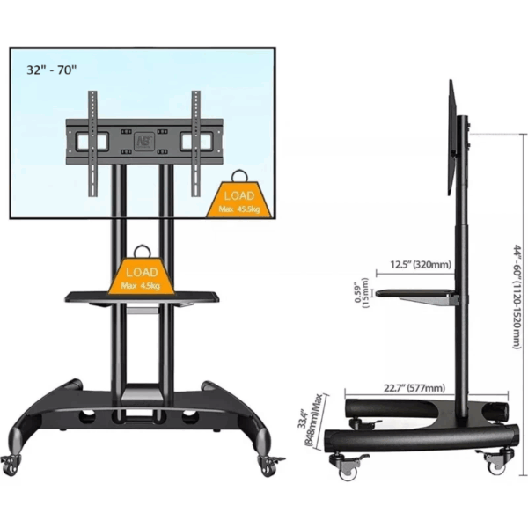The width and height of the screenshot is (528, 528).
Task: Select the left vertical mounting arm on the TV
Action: point(92,141)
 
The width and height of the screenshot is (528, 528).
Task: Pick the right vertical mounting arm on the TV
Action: point(194,141)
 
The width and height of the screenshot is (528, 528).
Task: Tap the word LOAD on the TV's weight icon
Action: point(238,195)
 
